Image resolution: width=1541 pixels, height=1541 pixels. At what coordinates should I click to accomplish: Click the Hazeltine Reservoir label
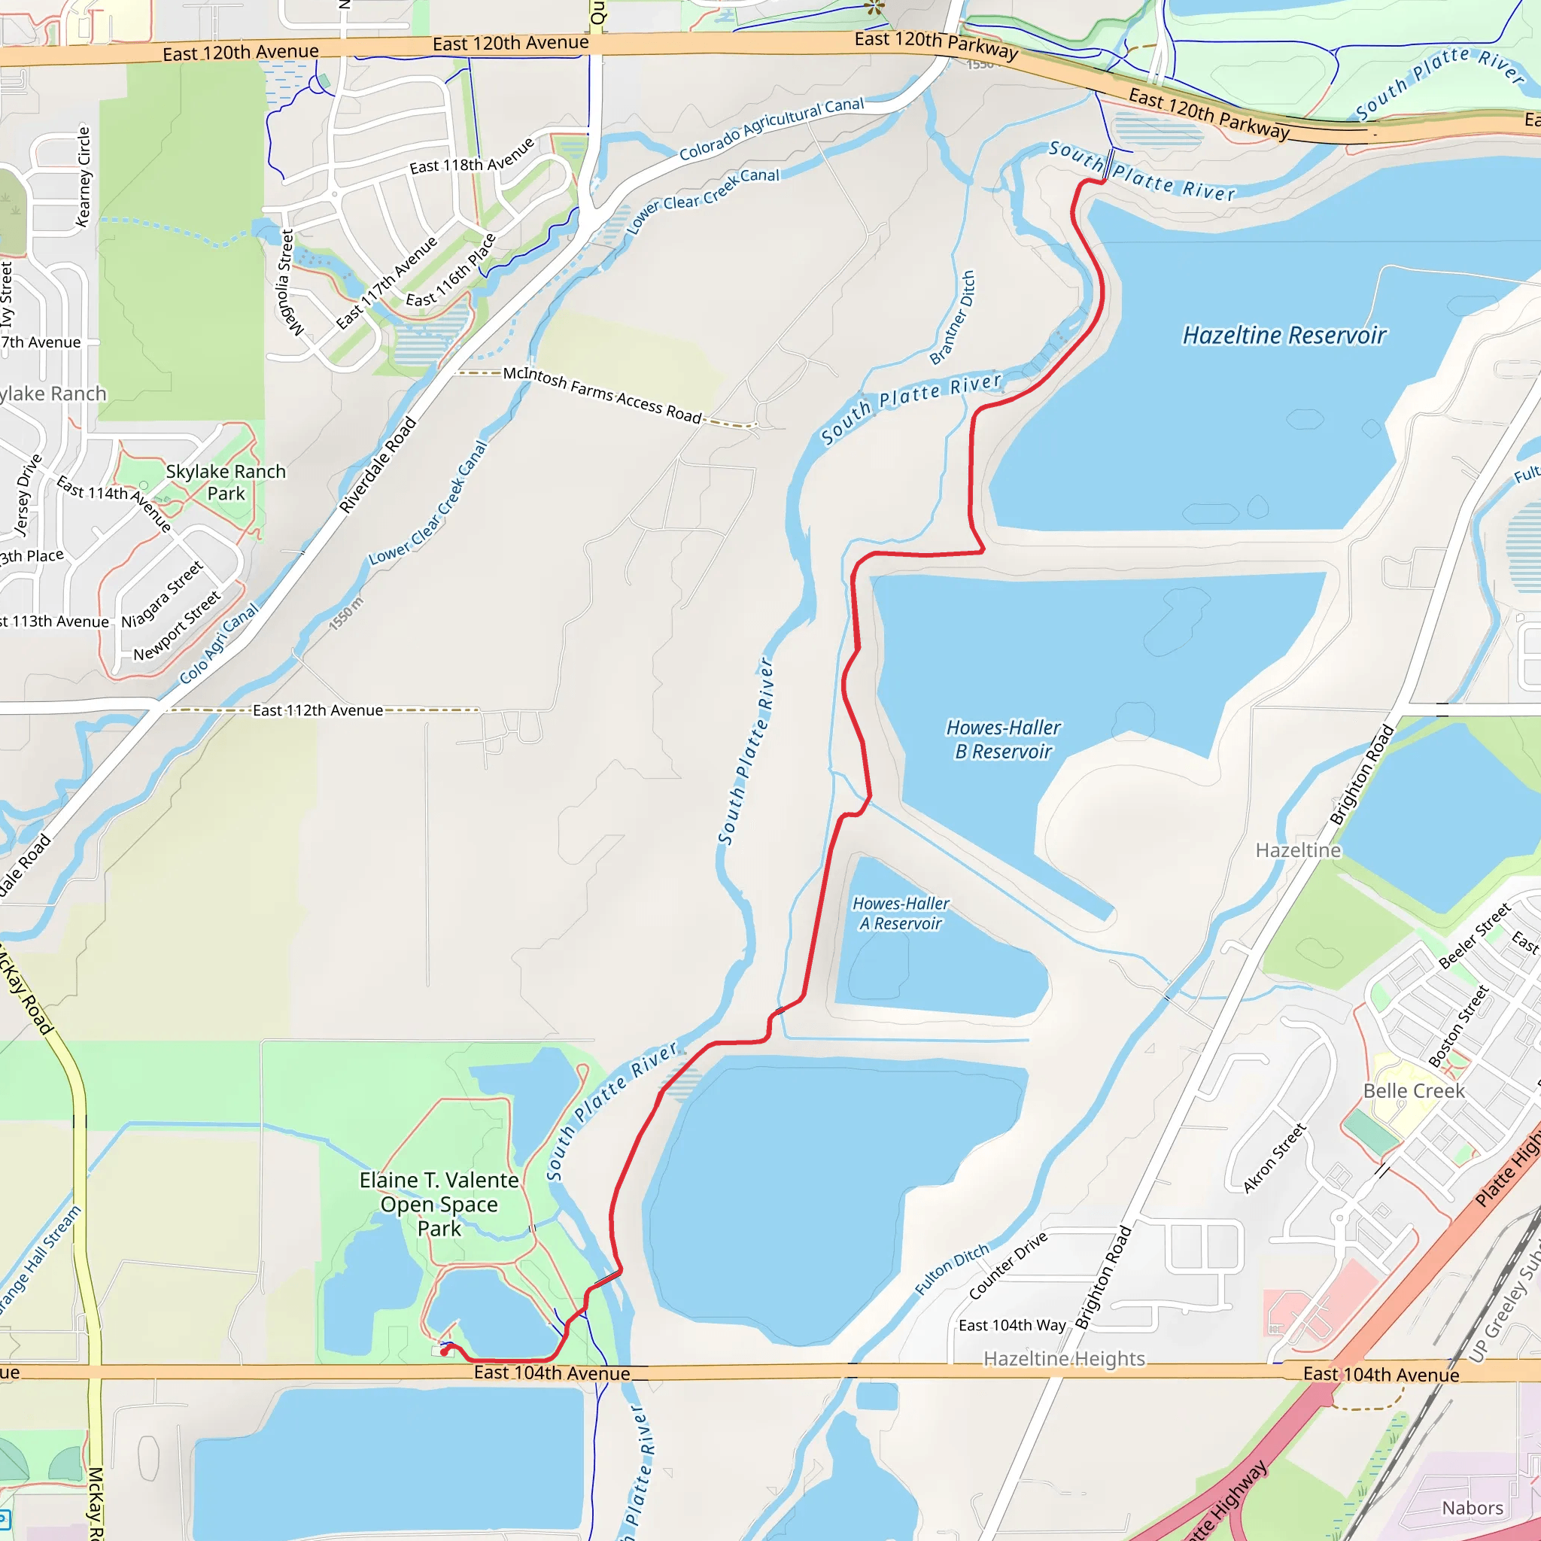coord(1284,335)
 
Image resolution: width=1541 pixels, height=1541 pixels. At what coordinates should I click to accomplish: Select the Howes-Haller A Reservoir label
coord(901,913)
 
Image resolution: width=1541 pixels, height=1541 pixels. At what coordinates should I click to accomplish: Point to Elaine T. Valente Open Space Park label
coord(439,1204)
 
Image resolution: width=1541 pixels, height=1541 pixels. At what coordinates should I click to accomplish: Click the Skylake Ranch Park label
coord(226,482)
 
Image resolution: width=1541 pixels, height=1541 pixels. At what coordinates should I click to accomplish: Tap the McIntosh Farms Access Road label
coord(602,394)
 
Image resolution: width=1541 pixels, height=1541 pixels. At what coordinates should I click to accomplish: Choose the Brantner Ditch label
coord(953,317)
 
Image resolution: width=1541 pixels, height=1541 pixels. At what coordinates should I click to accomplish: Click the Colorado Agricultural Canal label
coord(771,128)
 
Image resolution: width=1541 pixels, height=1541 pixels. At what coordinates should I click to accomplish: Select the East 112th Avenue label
coord(318,710)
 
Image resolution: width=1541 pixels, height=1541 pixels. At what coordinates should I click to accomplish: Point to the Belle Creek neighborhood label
coord(1413,1090)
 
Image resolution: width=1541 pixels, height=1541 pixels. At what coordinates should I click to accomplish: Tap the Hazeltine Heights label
coord(1063,1358)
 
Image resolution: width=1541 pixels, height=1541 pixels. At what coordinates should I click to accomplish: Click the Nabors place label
coord(1473,1507)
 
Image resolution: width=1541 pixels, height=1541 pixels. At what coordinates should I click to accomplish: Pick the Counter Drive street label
coord(1008,1265)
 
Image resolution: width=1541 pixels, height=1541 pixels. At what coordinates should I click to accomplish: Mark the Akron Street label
coord(1274,1157)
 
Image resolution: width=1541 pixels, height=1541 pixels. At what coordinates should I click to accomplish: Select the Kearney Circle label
coord(83,176)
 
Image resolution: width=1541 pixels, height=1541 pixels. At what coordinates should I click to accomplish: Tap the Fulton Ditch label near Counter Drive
coord(951,1269)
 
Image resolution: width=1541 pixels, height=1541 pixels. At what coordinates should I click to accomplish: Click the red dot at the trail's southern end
coord(444,1352)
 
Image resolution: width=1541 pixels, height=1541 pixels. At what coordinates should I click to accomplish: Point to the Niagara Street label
coord(162,594)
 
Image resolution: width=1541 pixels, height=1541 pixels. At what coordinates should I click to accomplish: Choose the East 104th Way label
coord(1011,1325)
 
